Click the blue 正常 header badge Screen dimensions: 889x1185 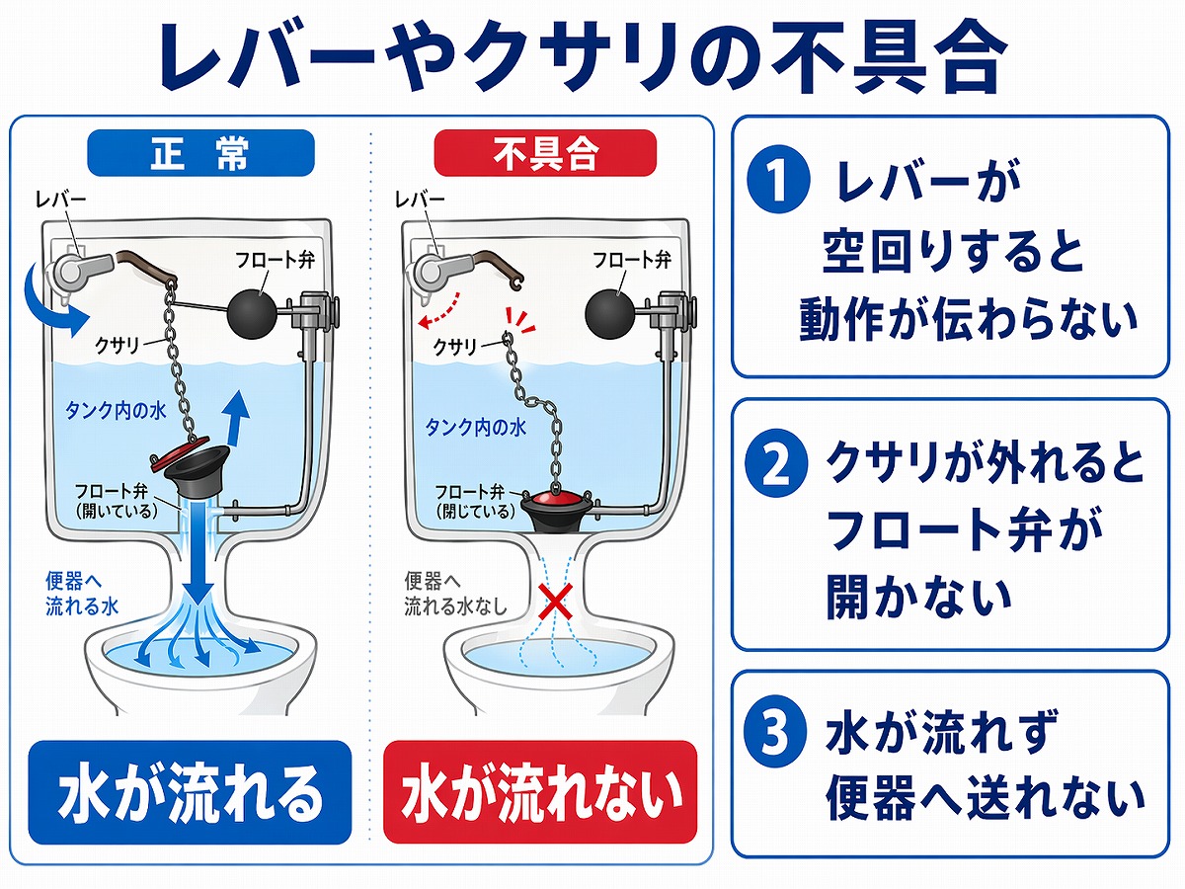pos(200,154)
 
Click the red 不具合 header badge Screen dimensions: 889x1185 pos(545,154)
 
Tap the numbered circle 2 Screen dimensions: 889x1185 pos(775,464)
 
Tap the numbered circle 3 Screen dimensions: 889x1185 pos(775,738)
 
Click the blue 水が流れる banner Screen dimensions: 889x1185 pos(190,793)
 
